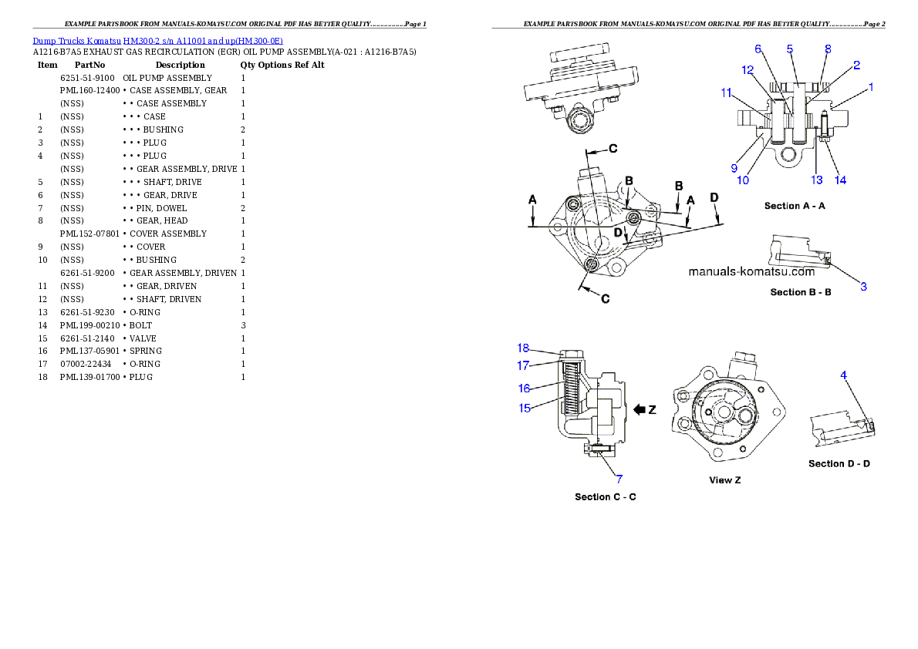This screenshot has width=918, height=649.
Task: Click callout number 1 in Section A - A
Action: coord(871,88)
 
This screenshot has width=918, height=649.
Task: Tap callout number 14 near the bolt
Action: coord(840,180)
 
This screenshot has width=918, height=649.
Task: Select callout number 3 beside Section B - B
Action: coord(864,286)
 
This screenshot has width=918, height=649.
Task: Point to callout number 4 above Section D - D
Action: coord(844,375)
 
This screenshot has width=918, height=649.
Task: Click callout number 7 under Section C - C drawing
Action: coord(618,479)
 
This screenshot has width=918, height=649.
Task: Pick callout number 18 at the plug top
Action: coord(524,348)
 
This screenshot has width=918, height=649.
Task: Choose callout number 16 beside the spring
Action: coord(525,388)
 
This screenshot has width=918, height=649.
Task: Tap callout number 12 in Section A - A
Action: coord(748,69)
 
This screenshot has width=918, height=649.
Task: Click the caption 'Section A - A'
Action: coord(795,206)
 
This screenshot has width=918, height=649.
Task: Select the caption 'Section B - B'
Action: coord(800,292)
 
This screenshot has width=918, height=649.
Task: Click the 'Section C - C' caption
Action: coord(605,496)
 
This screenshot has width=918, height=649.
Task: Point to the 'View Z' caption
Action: coord(724,480)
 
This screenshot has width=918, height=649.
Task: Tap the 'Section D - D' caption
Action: coord(839,463)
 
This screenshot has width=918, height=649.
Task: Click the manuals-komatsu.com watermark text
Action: coord(751,271)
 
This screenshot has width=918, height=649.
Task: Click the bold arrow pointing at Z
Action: coord(640,409)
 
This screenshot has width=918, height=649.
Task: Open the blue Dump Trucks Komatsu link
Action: coord(157,41)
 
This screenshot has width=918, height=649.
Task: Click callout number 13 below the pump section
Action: coord(817,180)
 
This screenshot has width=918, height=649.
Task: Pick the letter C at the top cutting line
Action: coord(613,147)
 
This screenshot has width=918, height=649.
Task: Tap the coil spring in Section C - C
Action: coord(572,394)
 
